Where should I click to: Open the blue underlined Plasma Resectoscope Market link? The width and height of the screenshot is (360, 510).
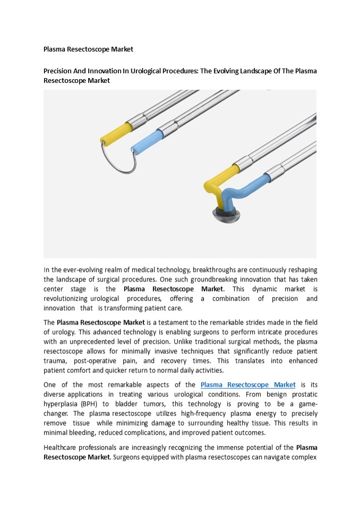pos(248,385)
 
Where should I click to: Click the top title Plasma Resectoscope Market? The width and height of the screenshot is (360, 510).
pos(88,49)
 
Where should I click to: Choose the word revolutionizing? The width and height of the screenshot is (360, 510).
pos(71,299)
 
